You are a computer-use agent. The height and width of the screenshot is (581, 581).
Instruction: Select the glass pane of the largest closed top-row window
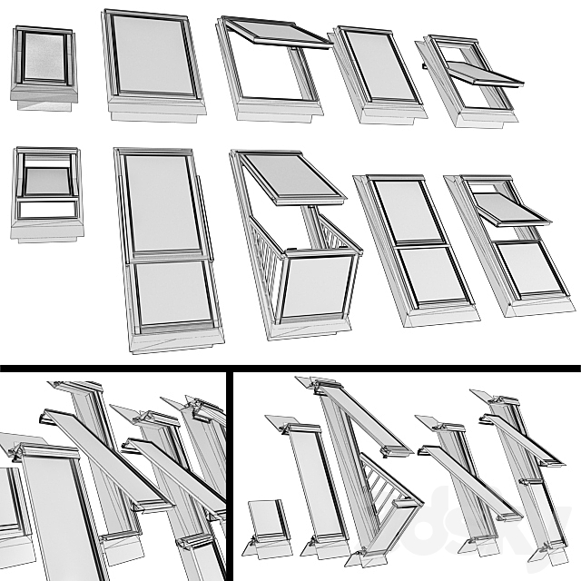(x=152, y=56)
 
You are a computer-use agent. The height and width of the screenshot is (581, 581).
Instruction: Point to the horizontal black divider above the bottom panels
(x=290, y=368)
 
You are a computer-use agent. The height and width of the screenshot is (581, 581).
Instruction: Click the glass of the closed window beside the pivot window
(x=381, y=65)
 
